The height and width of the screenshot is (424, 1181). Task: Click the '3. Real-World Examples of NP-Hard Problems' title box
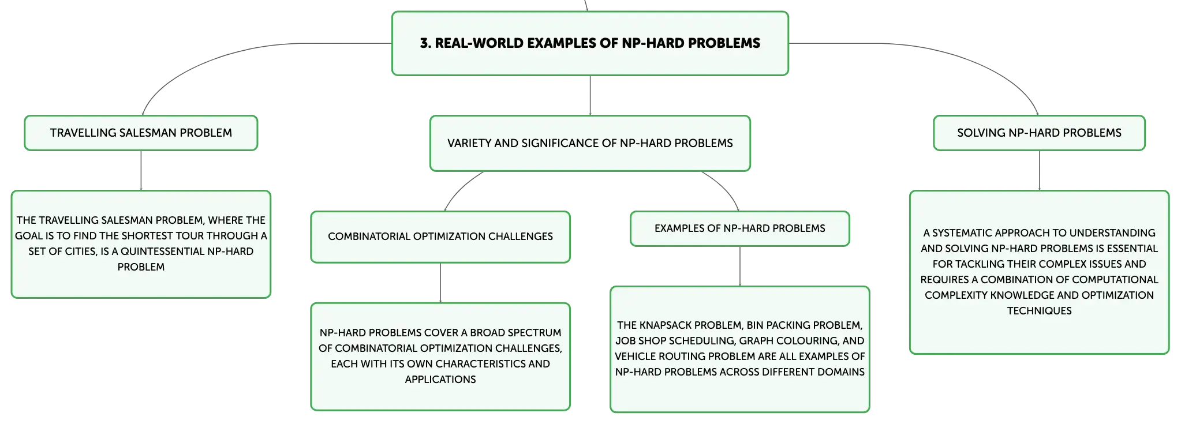pyautogui.click(x=590, y=43)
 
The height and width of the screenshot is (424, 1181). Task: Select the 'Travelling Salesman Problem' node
pyautogui.click(x=141, y=133)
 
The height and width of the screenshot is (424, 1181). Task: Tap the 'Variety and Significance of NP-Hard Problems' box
pyautogui.click(x=590, y=143)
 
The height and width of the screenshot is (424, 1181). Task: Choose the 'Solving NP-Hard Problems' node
pyautogui.click(x=1039, y=133)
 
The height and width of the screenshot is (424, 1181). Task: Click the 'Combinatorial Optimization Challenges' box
pyautogui.click(x=440, y=237)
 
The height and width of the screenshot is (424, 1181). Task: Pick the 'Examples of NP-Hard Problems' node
pyautogui.click(x=740, y=228)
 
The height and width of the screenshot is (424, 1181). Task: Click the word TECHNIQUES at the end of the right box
pyautogui.click(x=1039, y=311)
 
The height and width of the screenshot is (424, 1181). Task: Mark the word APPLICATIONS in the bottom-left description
pyautogui.click(x=440, y=380)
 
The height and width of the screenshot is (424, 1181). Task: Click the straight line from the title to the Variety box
pyautogui.click(x=590, y=95)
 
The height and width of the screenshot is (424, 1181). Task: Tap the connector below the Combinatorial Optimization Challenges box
pyautogui.click(x=440, y=283)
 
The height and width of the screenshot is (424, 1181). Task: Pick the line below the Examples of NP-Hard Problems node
pyautogui.click(x=740, y=266)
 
